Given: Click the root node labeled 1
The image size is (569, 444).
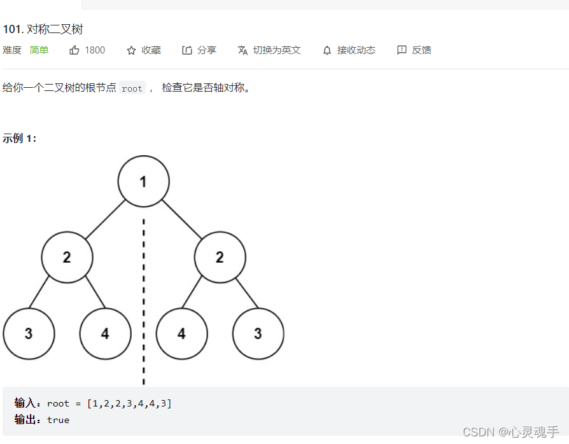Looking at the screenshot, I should click(143, 181).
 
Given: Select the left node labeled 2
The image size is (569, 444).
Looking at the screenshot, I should click(67, 258).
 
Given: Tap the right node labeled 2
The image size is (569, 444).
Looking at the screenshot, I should click(220, 258).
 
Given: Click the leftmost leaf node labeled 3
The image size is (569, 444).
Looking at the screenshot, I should click(29, 333).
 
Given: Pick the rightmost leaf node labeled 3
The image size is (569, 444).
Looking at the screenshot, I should click(258, 333).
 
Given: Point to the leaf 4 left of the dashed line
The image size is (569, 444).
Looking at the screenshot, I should click(105, 333).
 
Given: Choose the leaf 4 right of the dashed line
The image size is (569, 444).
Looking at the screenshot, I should click(181, 333).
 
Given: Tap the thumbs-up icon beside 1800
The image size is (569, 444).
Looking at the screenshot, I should click(74, 50).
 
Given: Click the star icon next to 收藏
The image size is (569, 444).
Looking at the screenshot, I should click(132, 50).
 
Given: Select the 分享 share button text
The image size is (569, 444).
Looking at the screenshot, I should click(206, 50).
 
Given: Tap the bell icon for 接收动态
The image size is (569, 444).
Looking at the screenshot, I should click(327, 50).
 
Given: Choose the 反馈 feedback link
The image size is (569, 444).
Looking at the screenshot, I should click(421, 50).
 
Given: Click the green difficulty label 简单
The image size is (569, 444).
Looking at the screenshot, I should click(39, 50).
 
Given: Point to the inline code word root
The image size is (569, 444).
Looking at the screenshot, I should click(132, 88).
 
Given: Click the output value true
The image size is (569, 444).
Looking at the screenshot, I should click(58, 420).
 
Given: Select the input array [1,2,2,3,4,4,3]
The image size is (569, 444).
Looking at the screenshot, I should click(129, 403).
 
